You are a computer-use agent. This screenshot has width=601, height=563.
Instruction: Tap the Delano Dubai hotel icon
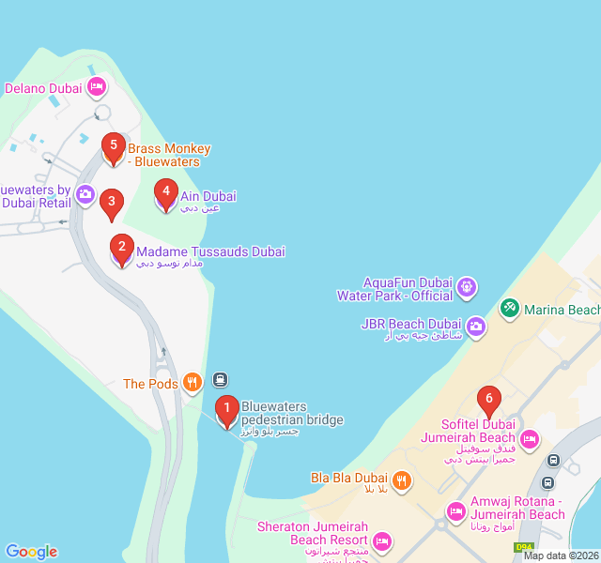pyautogui.click(x=96, y=88)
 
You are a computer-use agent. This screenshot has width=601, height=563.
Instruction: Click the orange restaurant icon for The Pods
pyautogui.click(x=192, y=382)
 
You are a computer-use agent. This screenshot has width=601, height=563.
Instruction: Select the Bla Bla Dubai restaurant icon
pyautogui.click(x=401, y=479)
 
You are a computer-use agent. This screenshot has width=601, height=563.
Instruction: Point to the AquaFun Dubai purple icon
pyautogui.click(x=468, y=286)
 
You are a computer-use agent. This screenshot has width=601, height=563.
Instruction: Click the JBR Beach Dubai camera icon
pyautogui.click(x=476, y=326)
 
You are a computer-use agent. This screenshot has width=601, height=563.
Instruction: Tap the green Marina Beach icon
pyautogui.click(x=509, y=308)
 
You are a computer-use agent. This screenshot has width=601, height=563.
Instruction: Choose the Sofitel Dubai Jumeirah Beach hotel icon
pyautogui.click(x=530, y=438)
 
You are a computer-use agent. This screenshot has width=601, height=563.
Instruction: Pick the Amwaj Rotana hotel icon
pyautogui.click(x=456, y=511)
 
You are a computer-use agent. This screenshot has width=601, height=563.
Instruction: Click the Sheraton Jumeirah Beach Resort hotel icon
pyautogui.click(x=381, y=541)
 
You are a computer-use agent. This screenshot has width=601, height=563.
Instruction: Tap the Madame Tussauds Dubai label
pyautogui.click(x=210, y=252)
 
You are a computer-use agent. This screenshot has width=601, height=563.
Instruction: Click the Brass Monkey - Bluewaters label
pyautogui.click(x=169, y=155)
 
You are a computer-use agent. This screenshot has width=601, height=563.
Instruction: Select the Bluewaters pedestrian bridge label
pyautogui.click(x=292, y=413)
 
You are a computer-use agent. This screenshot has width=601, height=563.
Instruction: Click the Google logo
pyautogui.click(x=31, y=552)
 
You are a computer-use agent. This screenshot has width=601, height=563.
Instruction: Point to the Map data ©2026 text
pyautogui.click(x=561, y=555)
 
